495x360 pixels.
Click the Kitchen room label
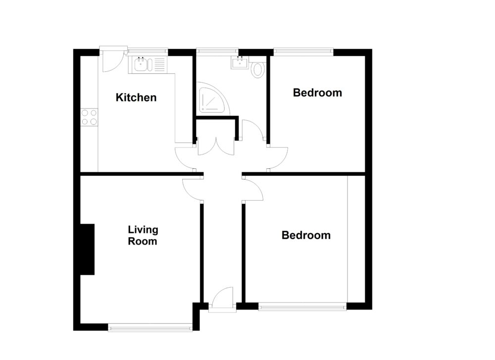tap(136, 98)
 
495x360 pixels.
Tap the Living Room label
tap(143, 236)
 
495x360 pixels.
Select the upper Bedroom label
tap(317, 93)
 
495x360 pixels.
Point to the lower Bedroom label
tap(306, 235)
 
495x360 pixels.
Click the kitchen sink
tap(142, 65)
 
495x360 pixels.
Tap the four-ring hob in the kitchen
tap(90, 117)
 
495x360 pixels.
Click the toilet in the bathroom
tap(258, 70)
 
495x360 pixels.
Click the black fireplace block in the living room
tap(88, 249)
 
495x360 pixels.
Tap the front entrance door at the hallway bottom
tap(221, 299)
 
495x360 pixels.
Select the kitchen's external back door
tap(110, 60)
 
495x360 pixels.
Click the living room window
tap(150, 327)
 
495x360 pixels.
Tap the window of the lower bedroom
tap(302, 307)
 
